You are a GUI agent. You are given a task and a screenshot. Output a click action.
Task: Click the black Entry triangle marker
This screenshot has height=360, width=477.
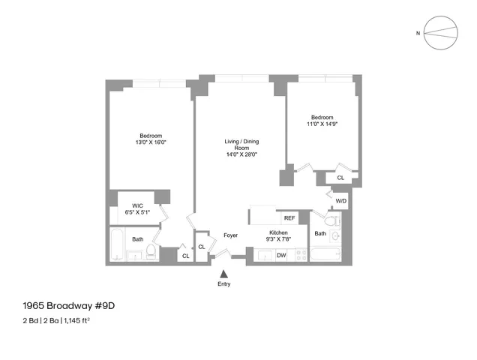click(x=224, y=274)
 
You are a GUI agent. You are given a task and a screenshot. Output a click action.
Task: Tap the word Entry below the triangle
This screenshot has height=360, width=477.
click(x=224, y=284)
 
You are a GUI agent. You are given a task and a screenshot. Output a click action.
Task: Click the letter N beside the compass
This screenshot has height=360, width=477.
click(x=418, y=33)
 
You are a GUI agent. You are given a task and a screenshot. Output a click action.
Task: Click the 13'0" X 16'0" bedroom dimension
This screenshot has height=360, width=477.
click(x=150, y=142)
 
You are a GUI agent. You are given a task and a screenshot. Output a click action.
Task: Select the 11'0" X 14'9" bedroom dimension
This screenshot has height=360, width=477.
click(x=322, y=124)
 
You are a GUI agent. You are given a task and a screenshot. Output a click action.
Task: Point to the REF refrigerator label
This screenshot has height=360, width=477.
click(x=289, y=218)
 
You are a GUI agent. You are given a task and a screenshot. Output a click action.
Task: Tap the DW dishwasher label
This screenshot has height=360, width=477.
click(x=281, y=256)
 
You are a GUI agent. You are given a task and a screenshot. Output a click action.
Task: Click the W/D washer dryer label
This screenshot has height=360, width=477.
click(x=340, y=201)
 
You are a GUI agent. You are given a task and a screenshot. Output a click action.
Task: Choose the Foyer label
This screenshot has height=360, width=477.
click(x=231, y=235)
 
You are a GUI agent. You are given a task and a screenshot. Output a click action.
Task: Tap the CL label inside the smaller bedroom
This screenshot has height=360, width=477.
click(x=340, y=178)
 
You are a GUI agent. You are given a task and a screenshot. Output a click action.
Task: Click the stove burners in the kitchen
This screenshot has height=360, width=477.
click(x=301, y=255)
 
